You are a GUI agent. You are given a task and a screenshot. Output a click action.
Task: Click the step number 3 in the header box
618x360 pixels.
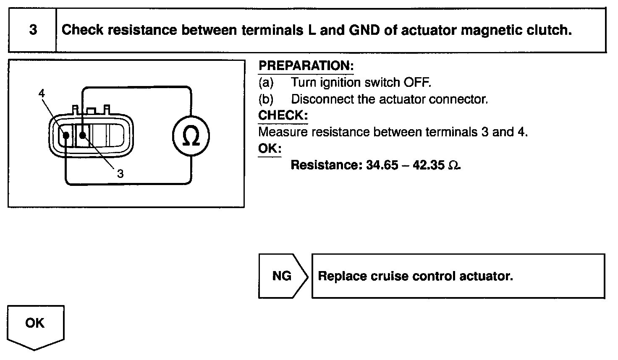33,30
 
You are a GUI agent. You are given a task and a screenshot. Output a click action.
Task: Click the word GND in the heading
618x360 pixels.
364,30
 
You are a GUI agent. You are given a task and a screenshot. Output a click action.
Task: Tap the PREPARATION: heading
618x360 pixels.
306,66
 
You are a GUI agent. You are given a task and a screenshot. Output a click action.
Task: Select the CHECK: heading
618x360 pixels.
283,115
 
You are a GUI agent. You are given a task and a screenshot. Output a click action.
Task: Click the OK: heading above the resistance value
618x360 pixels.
270,149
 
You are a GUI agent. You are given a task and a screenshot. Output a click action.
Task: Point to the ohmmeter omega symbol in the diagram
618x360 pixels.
191,136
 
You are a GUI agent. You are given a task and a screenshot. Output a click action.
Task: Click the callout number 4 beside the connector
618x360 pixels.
42,93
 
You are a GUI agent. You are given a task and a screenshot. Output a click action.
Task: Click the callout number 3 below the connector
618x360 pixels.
120,173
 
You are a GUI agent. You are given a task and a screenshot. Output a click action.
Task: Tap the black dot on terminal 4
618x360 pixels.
66,135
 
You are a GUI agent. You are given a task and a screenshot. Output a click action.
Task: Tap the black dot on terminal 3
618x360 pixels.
82,135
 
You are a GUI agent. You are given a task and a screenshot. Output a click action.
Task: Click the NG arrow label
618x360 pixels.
282,276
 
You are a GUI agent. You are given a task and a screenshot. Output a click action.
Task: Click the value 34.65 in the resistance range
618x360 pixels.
382,165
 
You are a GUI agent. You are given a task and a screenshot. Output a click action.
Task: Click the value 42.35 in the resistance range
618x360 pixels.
428,165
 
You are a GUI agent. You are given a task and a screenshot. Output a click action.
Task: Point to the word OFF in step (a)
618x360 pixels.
417,82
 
